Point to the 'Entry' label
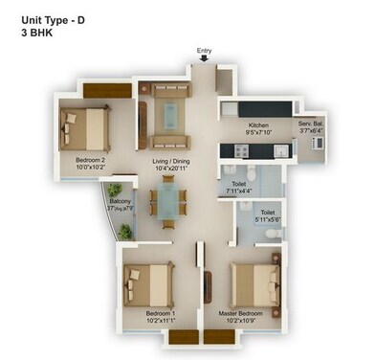pos(204,51)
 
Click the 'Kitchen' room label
pos(258,125)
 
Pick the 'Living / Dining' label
pos(173,161)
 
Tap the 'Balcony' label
pos(120,201)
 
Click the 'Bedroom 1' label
pos(160,313)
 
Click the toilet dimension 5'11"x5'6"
pos(268,219)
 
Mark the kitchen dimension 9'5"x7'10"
pos(258,133)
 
